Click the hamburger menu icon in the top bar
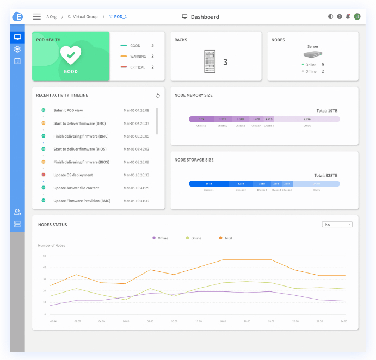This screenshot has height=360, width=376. click(37, 17)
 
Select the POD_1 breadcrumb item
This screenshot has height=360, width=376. click(119, 17)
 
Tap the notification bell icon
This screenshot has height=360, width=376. click(348, 17)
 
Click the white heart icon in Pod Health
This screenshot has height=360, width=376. click(71, 55)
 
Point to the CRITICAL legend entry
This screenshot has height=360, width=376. click(137, 67)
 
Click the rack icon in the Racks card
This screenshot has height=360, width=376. click(209, 61)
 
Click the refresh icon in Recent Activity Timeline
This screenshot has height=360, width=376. click(158, 96)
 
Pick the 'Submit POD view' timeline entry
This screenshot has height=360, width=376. click(68, 110)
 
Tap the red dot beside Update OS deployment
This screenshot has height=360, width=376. click(44, 175)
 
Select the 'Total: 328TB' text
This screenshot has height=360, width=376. click(326, 175)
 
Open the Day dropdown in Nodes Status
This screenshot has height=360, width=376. click(337, 224)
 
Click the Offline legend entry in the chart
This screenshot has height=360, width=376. click(161, 238)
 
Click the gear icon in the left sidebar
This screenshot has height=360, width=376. click(17, 49)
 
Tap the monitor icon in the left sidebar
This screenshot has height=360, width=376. click(17, 37)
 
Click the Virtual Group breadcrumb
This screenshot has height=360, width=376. click(83, 17)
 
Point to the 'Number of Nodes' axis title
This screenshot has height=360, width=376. click(52, 246)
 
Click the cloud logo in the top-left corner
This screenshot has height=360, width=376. click(17, 16)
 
